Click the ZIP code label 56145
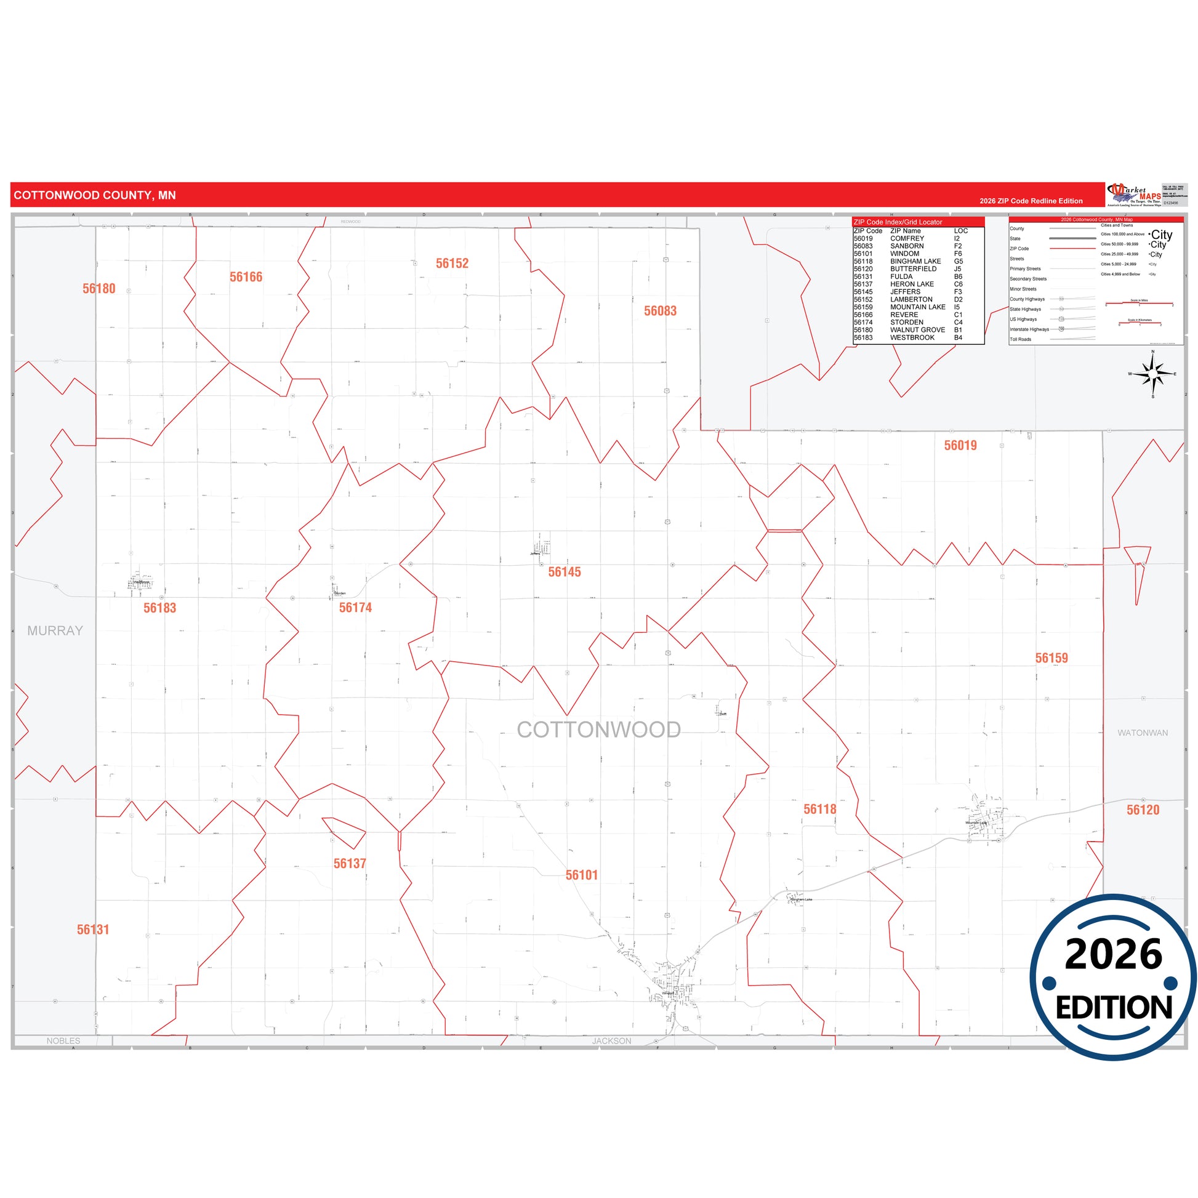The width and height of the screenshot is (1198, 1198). [x=565, y=572]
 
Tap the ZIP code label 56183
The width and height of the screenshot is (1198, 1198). [x=160, y=608]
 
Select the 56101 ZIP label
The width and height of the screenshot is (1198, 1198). [x=582, y=875]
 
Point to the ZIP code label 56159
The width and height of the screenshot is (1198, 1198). [x=1051, y=658]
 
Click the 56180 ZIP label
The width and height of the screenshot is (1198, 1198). [x=99, y=288]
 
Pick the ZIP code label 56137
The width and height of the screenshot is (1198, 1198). [x=350, y=863]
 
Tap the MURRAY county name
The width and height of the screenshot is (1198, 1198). [x=55, y=630]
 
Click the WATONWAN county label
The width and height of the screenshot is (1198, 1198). [x=1143, y=733]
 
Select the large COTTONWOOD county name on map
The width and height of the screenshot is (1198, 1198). [x=599, y=730]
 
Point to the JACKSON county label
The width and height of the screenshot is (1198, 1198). [x=611, y=1041]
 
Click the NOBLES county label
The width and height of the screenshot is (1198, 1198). [x=63, y=1041]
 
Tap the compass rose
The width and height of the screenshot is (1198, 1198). [x=1152, y=374]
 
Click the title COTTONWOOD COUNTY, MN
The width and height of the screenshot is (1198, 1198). [x=95, y=195]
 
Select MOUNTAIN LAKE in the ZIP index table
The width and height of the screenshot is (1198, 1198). [x=918, y=307]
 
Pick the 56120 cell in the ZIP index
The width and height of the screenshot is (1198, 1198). [x=863, y=269]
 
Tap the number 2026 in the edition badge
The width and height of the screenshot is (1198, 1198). [x=1114, y=954]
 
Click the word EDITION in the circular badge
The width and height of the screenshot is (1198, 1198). [x=1114, y=1008]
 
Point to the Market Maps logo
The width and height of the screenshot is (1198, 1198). [x=1134, y=194]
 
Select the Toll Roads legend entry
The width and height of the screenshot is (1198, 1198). [x=1021, y=339]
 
